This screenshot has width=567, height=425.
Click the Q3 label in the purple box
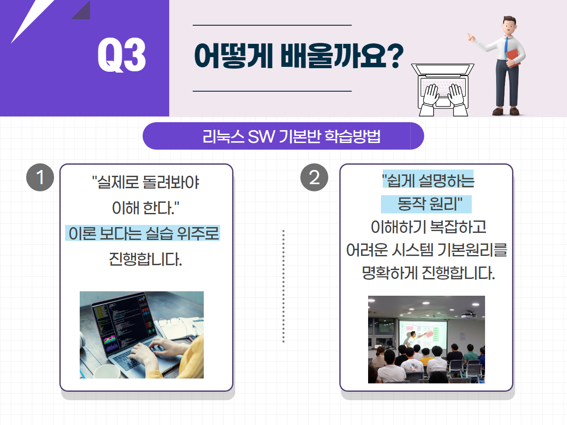(x=121, y=55)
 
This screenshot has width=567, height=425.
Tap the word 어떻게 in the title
(x=233, y=56)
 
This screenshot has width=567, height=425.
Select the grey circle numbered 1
(x=40, y=177)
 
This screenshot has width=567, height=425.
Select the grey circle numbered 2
(x=314, y=177)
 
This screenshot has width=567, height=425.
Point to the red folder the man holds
(x=513, y=58)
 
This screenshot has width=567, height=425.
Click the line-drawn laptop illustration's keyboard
(x=443, y=86)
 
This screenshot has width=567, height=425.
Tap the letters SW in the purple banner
(x=261, y=136)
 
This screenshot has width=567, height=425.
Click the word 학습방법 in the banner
(x=352, y=136)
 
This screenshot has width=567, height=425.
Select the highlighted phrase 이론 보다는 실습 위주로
(x=143, y=233)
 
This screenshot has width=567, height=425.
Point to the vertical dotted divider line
(x=283, y=286)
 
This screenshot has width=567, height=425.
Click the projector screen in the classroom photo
(x=423, y=334)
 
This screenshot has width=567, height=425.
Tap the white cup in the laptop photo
(x=107, y=371)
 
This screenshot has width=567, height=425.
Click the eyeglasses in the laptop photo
(x=172, y=324)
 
